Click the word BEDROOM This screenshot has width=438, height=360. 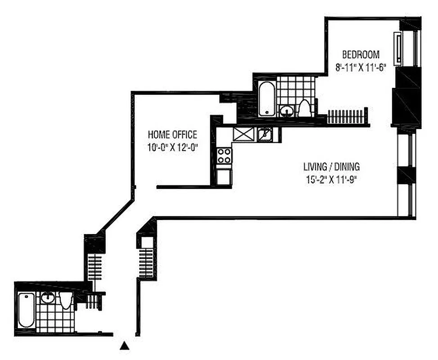tap(361, 55)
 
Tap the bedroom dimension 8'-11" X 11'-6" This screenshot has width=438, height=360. tap(361, 68)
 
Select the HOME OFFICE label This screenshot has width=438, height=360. tap(172, 135)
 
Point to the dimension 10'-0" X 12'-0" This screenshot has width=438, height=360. tap(173, 147)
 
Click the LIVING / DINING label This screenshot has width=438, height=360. tap(331, 167)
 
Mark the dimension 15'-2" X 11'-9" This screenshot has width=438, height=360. tap(331, 179)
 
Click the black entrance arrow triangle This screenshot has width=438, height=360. tap(125, 346)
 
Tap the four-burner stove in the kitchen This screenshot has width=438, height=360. tap(224, 156)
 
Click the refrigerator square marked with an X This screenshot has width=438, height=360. tap(243, 134)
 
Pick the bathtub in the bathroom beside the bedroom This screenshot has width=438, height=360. tap(266, 99)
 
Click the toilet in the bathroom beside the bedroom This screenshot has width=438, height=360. tap(304, 108)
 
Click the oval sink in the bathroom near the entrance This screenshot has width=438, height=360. tap(47, 297)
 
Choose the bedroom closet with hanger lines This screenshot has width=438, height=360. tap(347, 116)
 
